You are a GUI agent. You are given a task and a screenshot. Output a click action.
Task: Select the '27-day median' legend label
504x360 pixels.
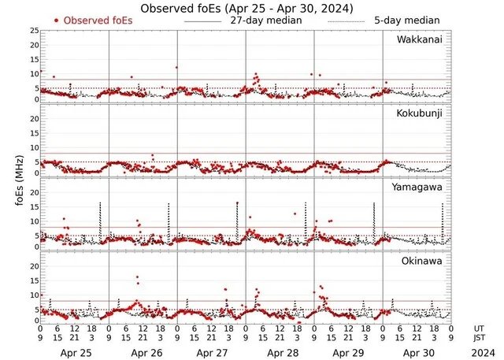pos(265,20)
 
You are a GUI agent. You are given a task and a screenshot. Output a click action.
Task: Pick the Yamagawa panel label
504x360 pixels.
pos(421,187)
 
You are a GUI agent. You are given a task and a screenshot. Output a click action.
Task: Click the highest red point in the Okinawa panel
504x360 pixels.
pos(137,277)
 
